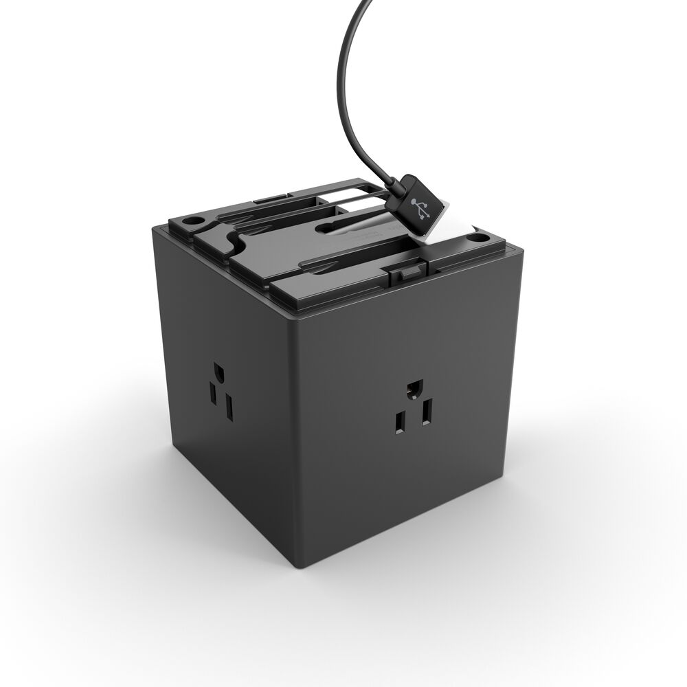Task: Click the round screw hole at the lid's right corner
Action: point(473,238)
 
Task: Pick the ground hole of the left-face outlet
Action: point(218,374)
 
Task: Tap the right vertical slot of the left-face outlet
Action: point(229,407)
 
